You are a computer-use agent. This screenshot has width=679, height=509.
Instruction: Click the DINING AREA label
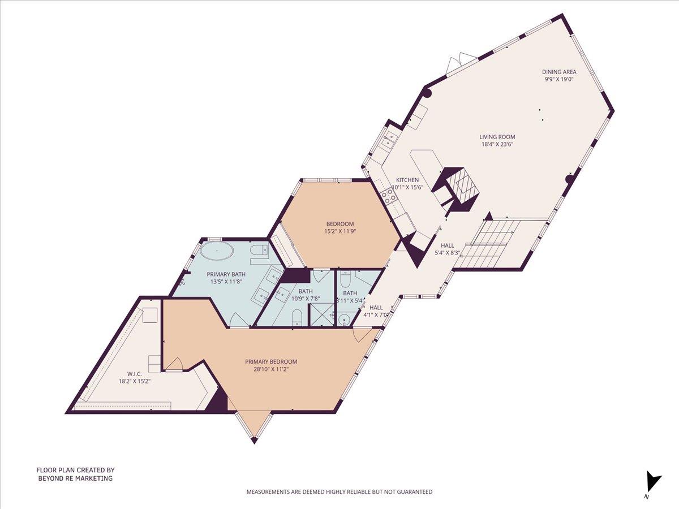[559, 72]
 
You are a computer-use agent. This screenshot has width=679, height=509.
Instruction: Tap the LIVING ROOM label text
[497, 136]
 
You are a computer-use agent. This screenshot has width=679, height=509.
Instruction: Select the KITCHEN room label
[407, 180]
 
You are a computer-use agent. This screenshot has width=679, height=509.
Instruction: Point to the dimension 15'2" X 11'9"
[339, 231]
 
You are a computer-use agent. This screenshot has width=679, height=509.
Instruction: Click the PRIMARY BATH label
[214, 274]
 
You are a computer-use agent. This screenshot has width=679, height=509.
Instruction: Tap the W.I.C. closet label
[134, 373]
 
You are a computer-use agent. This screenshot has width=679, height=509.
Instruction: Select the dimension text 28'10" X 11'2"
[271, 369]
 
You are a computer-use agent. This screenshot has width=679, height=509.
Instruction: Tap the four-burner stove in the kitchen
[389, 196]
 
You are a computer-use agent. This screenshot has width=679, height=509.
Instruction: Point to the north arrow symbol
[652, 482]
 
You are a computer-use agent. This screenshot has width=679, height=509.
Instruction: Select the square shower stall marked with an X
[320, 316]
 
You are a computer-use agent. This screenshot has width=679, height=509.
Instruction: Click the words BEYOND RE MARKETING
[75, 478]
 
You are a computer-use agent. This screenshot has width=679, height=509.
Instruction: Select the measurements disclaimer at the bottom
[339, 492]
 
